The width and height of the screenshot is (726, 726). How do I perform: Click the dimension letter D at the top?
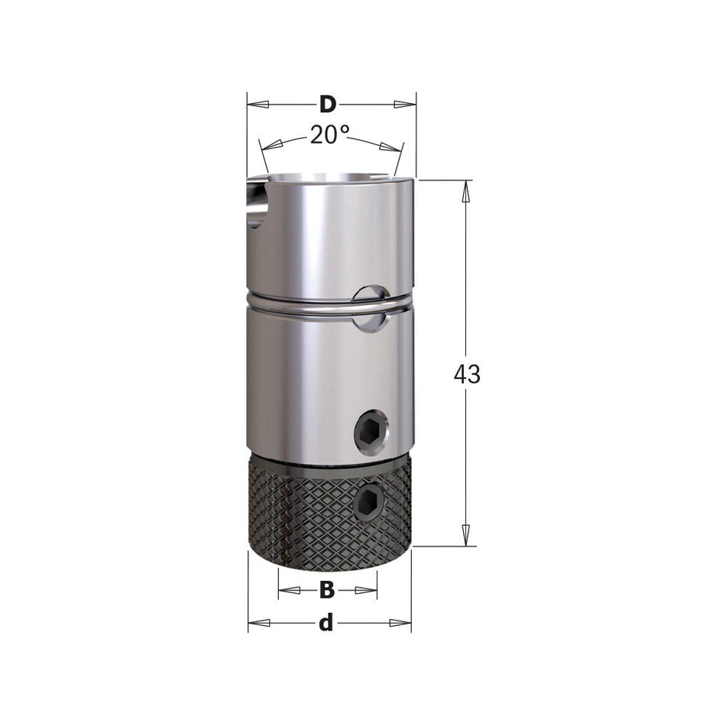(328, 104)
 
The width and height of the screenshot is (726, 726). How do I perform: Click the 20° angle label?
(329, 135)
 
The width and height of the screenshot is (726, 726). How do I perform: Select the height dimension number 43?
(467, 374)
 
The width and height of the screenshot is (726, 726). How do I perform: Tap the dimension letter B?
(327, 590)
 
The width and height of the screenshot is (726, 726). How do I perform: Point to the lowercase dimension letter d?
(326, 624)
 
